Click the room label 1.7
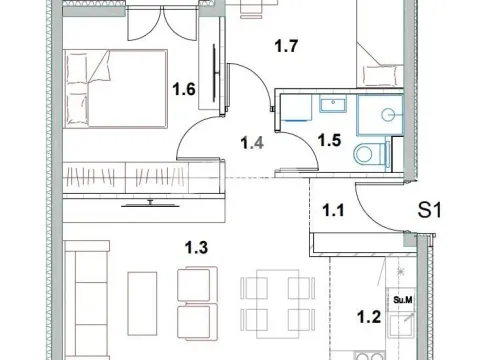coord(286,46)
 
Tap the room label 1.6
coord(184,89)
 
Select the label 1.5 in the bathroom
coord(329,140)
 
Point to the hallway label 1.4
coord(252,143)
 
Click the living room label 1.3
coord(196,247)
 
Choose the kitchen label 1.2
coord(369,317)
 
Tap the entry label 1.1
coord(333,211)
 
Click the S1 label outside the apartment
coord(429,211)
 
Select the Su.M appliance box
coord(403,300)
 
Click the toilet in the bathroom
coord(371,154)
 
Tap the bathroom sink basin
coord(333,103)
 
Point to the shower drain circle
coord(388,115)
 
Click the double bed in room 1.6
coord(115,89)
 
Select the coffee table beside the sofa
coord(142,303)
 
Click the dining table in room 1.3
coord(278,304)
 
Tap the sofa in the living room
coord(87,300)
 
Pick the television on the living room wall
coord(150,205)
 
